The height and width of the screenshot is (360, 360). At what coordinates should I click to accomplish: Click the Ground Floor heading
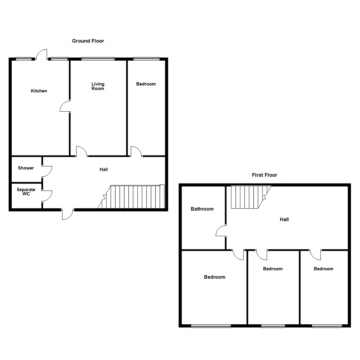(x=88, y=41)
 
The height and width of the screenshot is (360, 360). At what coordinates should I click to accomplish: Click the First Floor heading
(x=264, y=175)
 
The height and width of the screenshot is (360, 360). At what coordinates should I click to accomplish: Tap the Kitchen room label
(x=39, y=91)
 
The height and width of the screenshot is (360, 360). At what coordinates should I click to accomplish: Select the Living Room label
(x=98, y=86)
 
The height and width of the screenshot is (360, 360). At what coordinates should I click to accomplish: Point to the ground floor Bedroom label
(x=146, y=84)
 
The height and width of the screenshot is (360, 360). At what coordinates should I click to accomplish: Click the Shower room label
(x=26, y=168)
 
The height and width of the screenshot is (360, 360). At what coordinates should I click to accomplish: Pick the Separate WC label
(x=26, y=192)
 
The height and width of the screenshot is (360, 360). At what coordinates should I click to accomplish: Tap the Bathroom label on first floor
(x=202, y=209)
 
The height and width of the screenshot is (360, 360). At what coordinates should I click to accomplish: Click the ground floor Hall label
(x=104, y=170)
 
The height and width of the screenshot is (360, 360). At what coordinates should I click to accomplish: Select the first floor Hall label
(x=284, y=219)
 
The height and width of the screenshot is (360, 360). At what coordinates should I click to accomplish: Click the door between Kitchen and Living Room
(x=65, y=106)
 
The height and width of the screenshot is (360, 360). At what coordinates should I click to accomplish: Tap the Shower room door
(x=47, y=171)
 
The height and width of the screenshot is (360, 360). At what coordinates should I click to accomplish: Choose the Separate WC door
(x=47, y=196)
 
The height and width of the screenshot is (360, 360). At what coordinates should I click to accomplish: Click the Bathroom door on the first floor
(x=221, y=231)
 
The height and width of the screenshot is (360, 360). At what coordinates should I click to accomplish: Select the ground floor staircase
(x=133, y=197)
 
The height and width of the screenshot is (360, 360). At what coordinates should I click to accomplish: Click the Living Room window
(x=98, y=59)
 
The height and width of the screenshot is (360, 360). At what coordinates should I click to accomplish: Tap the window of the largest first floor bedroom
(x=211, y=326)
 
